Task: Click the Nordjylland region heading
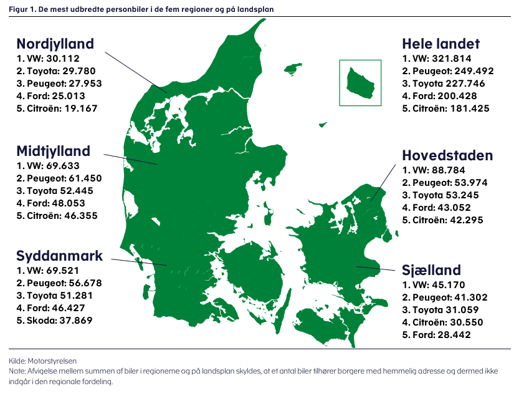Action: pos(55,44)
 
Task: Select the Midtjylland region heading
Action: pos(53,151)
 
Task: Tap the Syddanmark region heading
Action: pos(60,256)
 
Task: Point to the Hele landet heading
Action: pos(441,44)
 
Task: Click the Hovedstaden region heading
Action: pos(447,155)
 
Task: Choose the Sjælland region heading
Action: pos(431,270)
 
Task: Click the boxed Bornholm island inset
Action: pos(360,82)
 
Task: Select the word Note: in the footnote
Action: pos(17,371)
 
